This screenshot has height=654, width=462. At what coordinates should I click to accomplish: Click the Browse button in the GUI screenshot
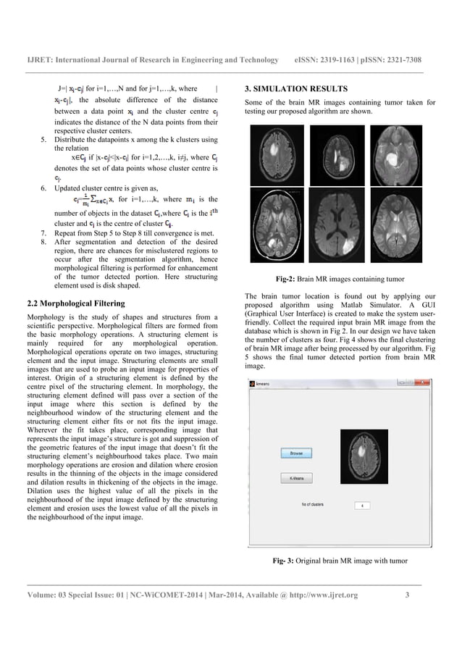coord(296,453)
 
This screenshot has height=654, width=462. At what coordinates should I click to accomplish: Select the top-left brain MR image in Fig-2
coord(278,159)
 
